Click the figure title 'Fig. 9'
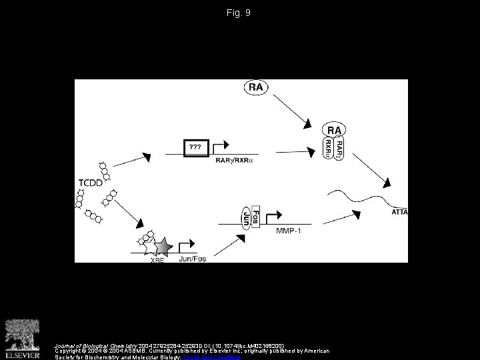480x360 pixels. [239, 13]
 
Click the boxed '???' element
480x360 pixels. [196, 146]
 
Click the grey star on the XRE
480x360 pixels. [162, 247]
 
